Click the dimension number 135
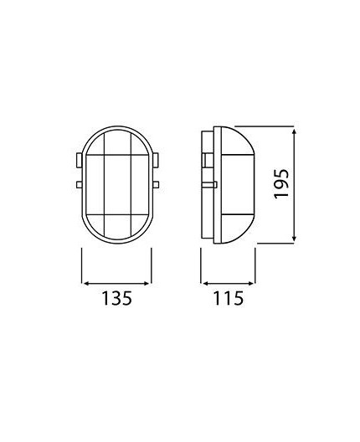pos(116,298)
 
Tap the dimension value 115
pos(225,298)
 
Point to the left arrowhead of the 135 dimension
pos(84,280)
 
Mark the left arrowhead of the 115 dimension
pos(203,280)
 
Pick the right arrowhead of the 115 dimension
pos(252,280)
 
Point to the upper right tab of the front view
pos(156,158)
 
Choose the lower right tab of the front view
pos(156,183)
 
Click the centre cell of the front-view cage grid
pos(116,185)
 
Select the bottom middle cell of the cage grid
pos(116,224)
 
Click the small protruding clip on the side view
pos(213,183)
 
